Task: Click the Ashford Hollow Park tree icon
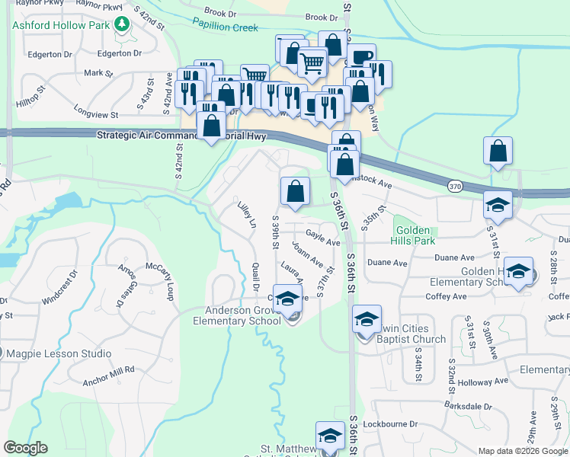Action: coord(121,25)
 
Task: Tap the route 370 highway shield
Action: coord(455,186)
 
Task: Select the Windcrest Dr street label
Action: coord(59,286)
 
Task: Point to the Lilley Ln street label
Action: coord(246,216)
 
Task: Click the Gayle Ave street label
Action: coord(322,237)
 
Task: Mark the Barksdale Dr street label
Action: coord(463,407)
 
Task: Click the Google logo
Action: coord(25,448)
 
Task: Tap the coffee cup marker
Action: coord(361,57)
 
